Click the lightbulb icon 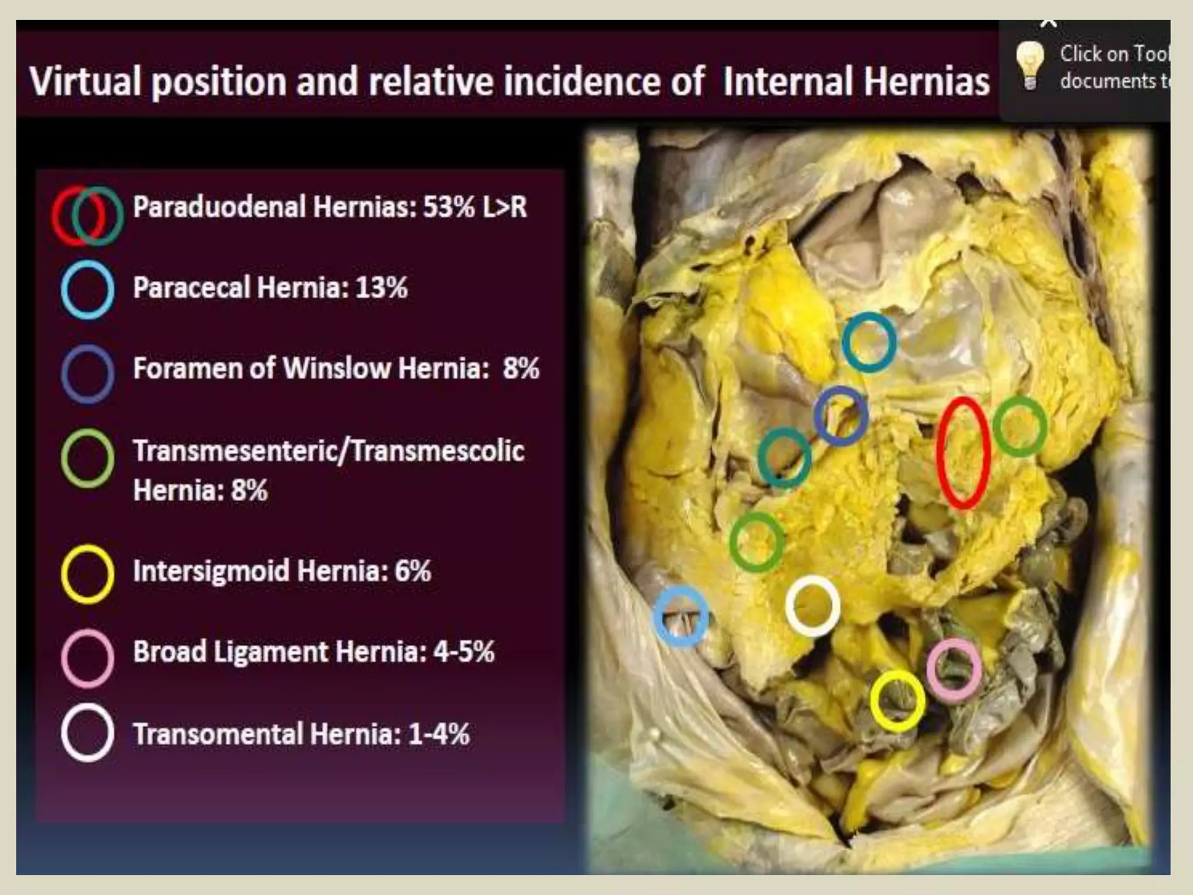[x=1030, y=66]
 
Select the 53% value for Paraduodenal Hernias [x=449, y=207]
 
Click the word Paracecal [x=192, y=287]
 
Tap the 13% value [x=382, y=287]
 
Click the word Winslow [x=337, y=368]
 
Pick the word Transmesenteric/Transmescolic [x=329, y=450]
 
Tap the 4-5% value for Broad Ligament [x=464, y=651]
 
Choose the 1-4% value [x=439, y=734]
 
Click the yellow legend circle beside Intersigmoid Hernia [x=87, y=573]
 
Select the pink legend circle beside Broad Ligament [x=87, y=658]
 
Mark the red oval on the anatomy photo [x=963, y=453]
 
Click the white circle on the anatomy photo [x=813, y=605]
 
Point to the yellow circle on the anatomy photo [x=897, y=701]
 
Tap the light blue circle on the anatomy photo [x=681, y=616]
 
